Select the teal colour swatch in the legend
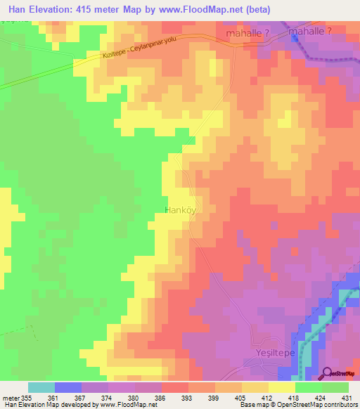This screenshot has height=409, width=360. click(x=41, y=387)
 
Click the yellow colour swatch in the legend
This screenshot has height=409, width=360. click(x=282, y=387)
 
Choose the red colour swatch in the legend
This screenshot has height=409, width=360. click(x=175, y=387)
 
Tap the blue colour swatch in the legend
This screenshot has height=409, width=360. click(x=68, y=387)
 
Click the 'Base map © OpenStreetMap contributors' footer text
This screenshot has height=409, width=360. click(x=298, y=405)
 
